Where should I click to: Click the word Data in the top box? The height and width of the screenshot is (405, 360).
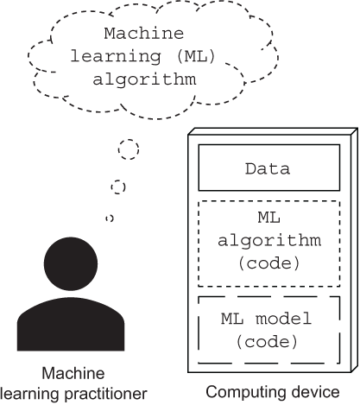point(266,169)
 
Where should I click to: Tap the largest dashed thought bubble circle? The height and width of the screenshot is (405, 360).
point(128,149)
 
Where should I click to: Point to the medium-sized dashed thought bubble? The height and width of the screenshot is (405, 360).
point(119,187)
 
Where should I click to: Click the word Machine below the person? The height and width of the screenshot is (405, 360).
point(76,373)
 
